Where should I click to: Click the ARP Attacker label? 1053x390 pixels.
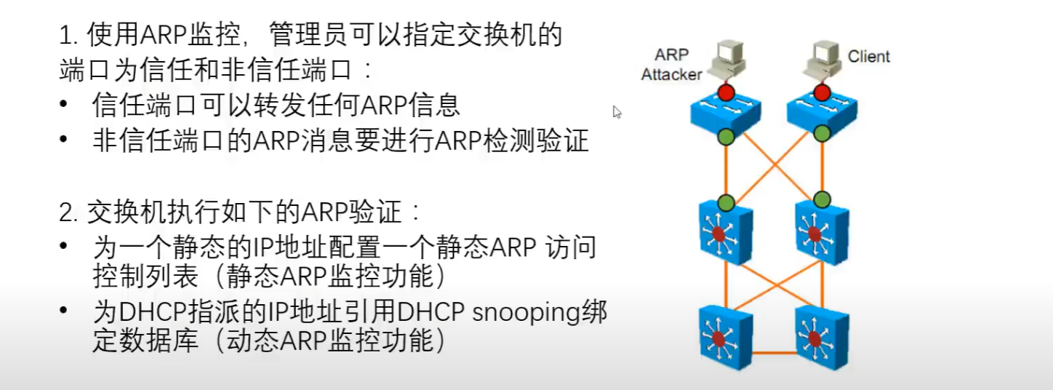click(670, 65)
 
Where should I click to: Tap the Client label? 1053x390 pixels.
click(868, 57)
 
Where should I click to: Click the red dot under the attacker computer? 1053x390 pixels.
click(725, 92)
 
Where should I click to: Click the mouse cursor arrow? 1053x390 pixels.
click(617, 112)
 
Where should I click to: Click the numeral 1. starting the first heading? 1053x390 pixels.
click(68, 35)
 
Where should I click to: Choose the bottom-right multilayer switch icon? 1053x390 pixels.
click(821, 336)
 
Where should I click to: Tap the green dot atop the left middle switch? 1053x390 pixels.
click(725, 200)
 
